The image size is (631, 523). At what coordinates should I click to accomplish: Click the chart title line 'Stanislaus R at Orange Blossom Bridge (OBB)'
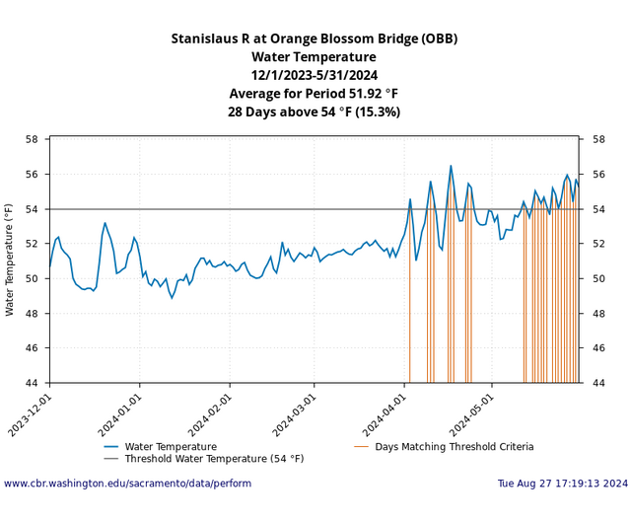click(315, 40)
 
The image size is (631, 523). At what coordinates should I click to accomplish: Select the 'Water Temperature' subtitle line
click(315, 57)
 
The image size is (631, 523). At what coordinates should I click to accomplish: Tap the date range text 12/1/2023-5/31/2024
click(315, 75)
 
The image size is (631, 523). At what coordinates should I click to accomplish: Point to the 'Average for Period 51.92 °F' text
click(315, 94)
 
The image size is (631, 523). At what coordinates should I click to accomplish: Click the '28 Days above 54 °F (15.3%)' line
click(315, 112)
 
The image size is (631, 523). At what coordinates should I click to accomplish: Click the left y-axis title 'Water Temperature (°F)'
click(10, 261)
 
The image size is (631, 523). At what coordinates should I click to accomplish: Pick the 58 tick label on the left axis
click(32, 139)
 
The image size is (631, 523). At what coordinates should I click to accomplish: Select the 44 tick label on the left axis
click(32, 383)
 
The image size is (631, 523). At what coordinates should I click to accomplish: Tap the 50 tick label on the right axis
click(597, 278)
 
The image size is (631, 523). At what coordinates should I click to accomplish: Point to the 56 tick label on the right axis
click(597, 175)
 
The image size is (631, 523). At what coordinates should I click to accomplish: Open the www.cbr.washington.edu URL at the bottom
click(127, 484)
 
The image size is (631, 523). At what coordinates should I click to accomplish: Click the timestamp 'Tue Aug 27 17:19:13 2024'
click(562, 484)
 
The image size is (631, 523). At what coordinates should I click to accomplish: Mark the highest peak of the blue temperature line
click(451, 166)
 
